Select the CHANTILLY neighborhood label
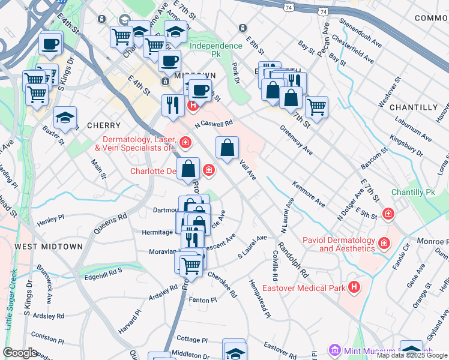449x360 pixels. coord(414,107)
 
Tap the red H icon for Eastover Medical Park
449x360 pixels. coord(355,287)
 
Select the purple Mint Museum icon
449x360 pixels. coord(334,350)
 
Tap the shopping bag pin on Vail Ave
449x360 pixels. coord(228,148)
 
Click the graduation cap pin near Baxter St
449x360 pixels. coord(65,118)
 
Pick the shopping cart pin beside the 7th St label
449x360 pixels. coord(316,108)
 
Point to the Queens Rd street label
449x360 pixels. coord(110,224)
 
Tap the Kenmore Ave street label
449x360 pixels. coord(309,194)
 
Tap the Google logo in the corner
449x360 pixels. coord(19,353)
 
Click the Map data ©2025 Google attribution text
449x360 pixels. coord(412,355)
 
